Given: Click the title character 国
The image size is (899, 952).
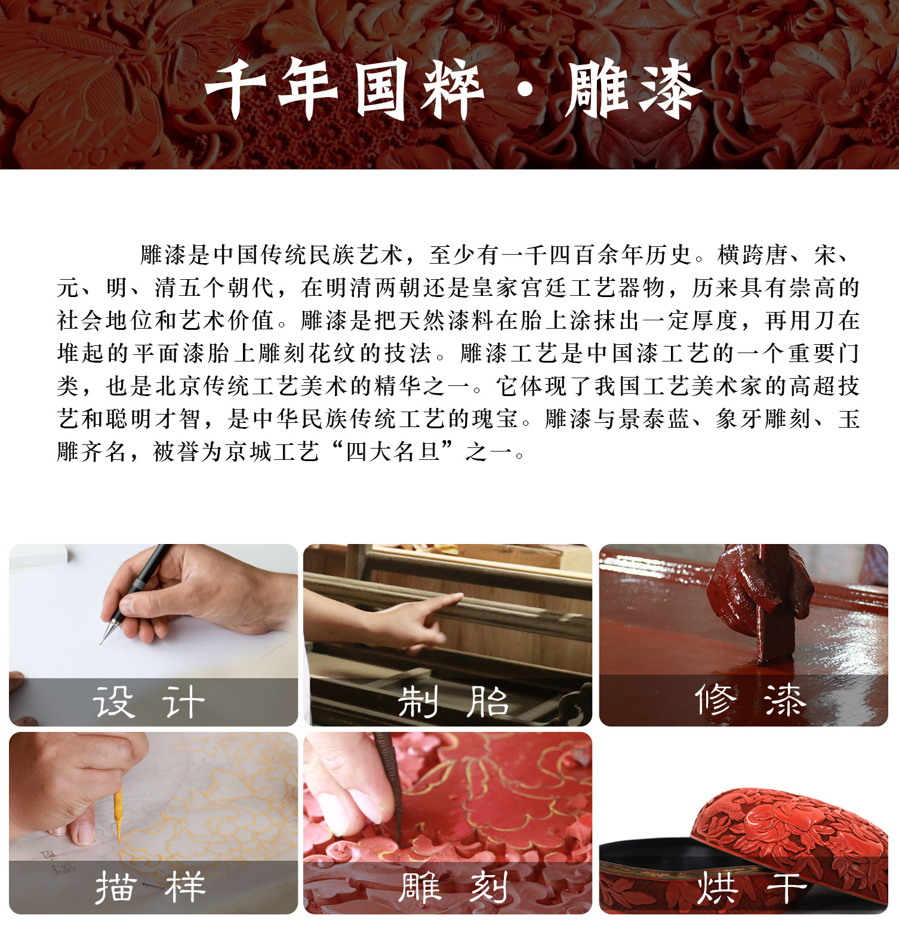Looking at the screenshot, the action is coord(383,89).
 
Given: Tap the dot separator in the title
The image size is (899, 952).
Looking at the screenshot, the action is coord(525,91).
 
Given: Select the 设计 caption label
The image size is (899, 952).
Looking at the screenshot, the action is coord(149,701).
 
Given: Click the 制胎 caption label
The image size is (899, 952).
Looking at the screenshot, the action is coord(453,701).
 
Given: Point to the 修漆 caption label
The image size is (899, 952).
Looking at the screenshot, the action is coord(750,699).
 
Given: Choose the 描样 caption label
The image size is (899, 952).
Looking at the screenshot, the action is coord(150,888).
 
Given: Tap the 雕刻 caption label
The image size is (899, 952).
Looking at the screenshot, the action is coord(454,888).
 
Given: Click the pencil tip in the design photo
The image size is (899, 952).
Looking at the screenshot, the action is coord(101,644).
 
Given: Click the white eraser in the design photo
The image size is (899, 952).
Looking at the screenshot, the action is coord(39,555).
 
